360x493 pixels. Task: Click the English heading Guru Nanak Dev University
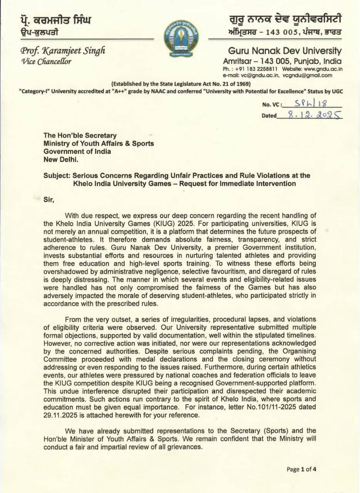pyautogui.click(x=285, y=51)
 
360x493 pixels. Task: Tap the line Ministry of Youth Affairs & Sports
pyautogui.click(x=99, y=143)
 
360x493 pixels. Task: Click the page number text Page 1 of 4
pyautogui.click(x=302, y=469)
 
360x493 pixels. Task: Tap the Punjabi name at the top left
pyautogui.click(x=56, y=20)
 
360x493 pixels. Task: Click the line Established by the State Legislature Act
pyautogui.click(x=181, y=84)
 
